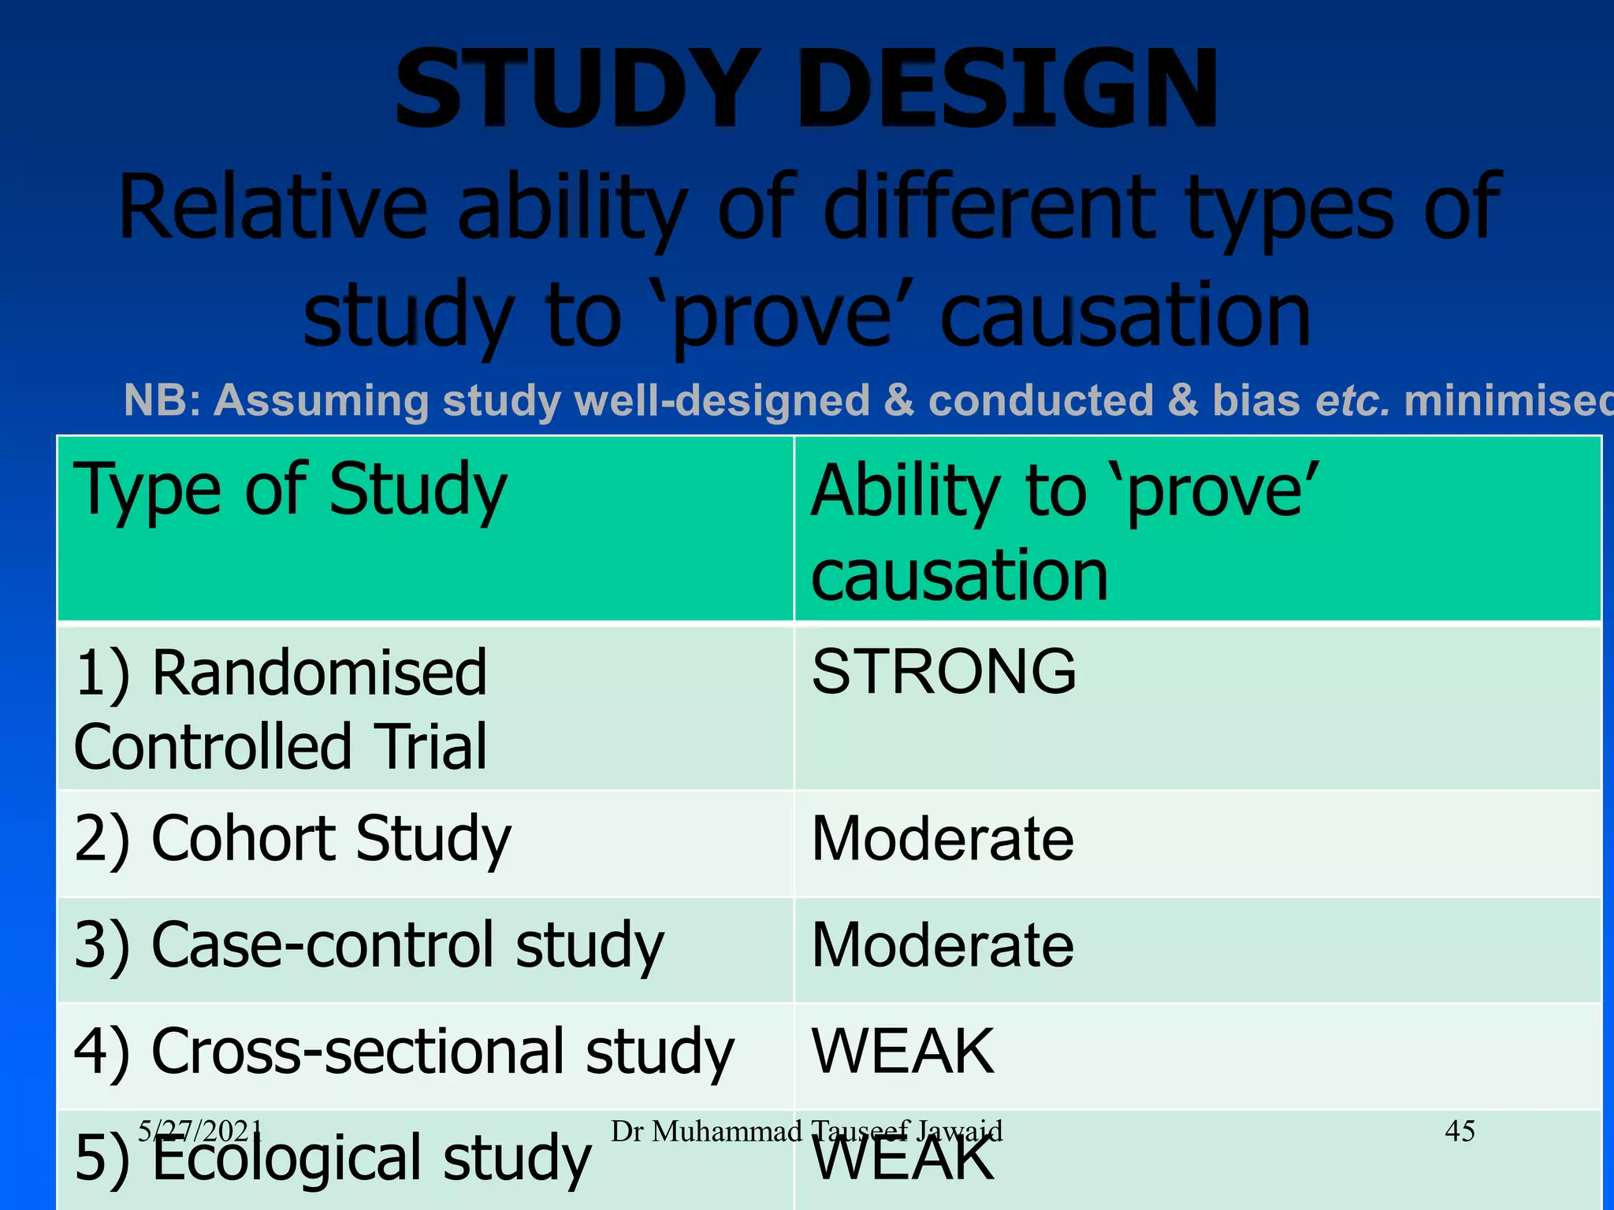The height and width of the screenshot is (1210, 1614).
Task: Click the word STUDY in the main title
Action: pyautogui.click(x=577, y=88)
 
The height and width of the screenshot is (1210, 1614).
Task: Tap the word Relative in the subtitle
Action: pyautogui.click(x=273, y=206)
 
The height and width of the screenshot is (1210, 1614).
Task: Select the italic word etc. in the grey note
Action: pyautogui.click(x=1352, y=400)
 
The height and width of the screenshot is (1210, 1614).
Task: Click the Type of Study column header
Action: pyautogui.click(x=290, y=490)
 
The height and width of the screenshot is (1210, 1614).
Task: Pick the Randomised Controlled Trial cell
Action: pyautogui.click(x=281, y=709)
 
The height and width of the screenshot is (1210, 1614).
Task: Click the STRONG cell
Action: pyautogui.click(x=944, y=672)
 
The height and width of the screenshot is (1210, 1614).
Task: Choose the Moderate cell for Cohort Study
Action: pyautogui.click(x=943, y=840)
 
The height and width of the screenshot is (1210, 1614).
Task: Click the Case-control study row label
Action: pyautogui.click(x=369, y=945)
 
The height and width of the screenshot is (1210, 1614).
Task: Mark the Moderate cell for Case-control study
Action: pyautogui.click(x=943, y=945)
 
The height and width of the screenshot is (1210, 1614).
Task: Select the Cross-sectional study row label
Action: pyautogui.click(x=403, y=1052)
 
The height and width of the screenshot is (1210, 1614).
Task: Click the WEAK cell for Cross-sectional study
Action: pyautogui.click(x=903, y=1052)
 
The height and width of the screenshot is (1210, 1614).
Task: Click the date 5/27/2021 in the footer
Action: pyautogui.click(x=199, y=1131)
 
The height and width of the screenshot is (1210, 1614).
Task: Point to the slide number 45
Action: pyautogui.click(x=1460, y=1131)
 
